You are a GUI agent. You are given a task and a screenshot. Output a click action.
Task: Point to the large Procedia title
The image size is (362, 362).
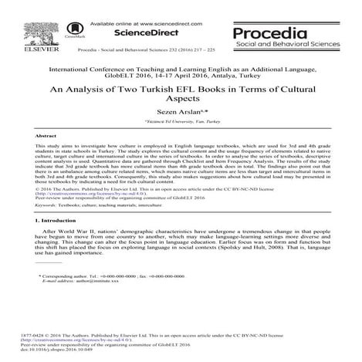pyautogui.click(x=296, y=32)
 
